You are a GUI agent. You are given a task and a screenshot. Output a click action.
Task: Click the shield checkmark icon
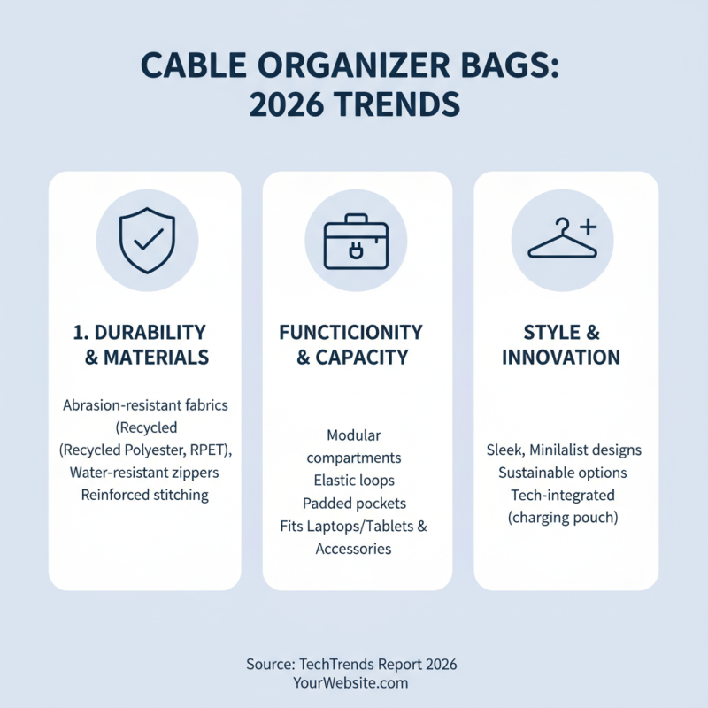147,239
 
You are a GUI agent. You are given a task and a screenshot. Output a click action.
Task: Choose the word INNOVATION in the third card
561,358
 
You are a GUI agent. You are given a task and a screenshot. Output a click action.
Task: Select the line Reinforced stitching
145,495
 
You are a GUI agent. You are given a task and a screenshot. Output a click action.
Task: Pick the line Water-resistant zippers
144,473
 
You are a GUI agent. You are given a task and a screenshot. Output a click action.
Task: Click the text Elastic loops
354,481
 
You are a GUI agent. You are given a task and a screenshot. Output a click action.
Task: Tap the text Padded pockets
354,503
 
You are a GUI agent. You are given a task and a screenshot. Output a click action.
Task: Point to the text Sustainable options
563,473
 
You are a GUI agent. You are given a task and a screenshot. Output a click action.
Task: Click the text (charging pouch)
563,518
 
